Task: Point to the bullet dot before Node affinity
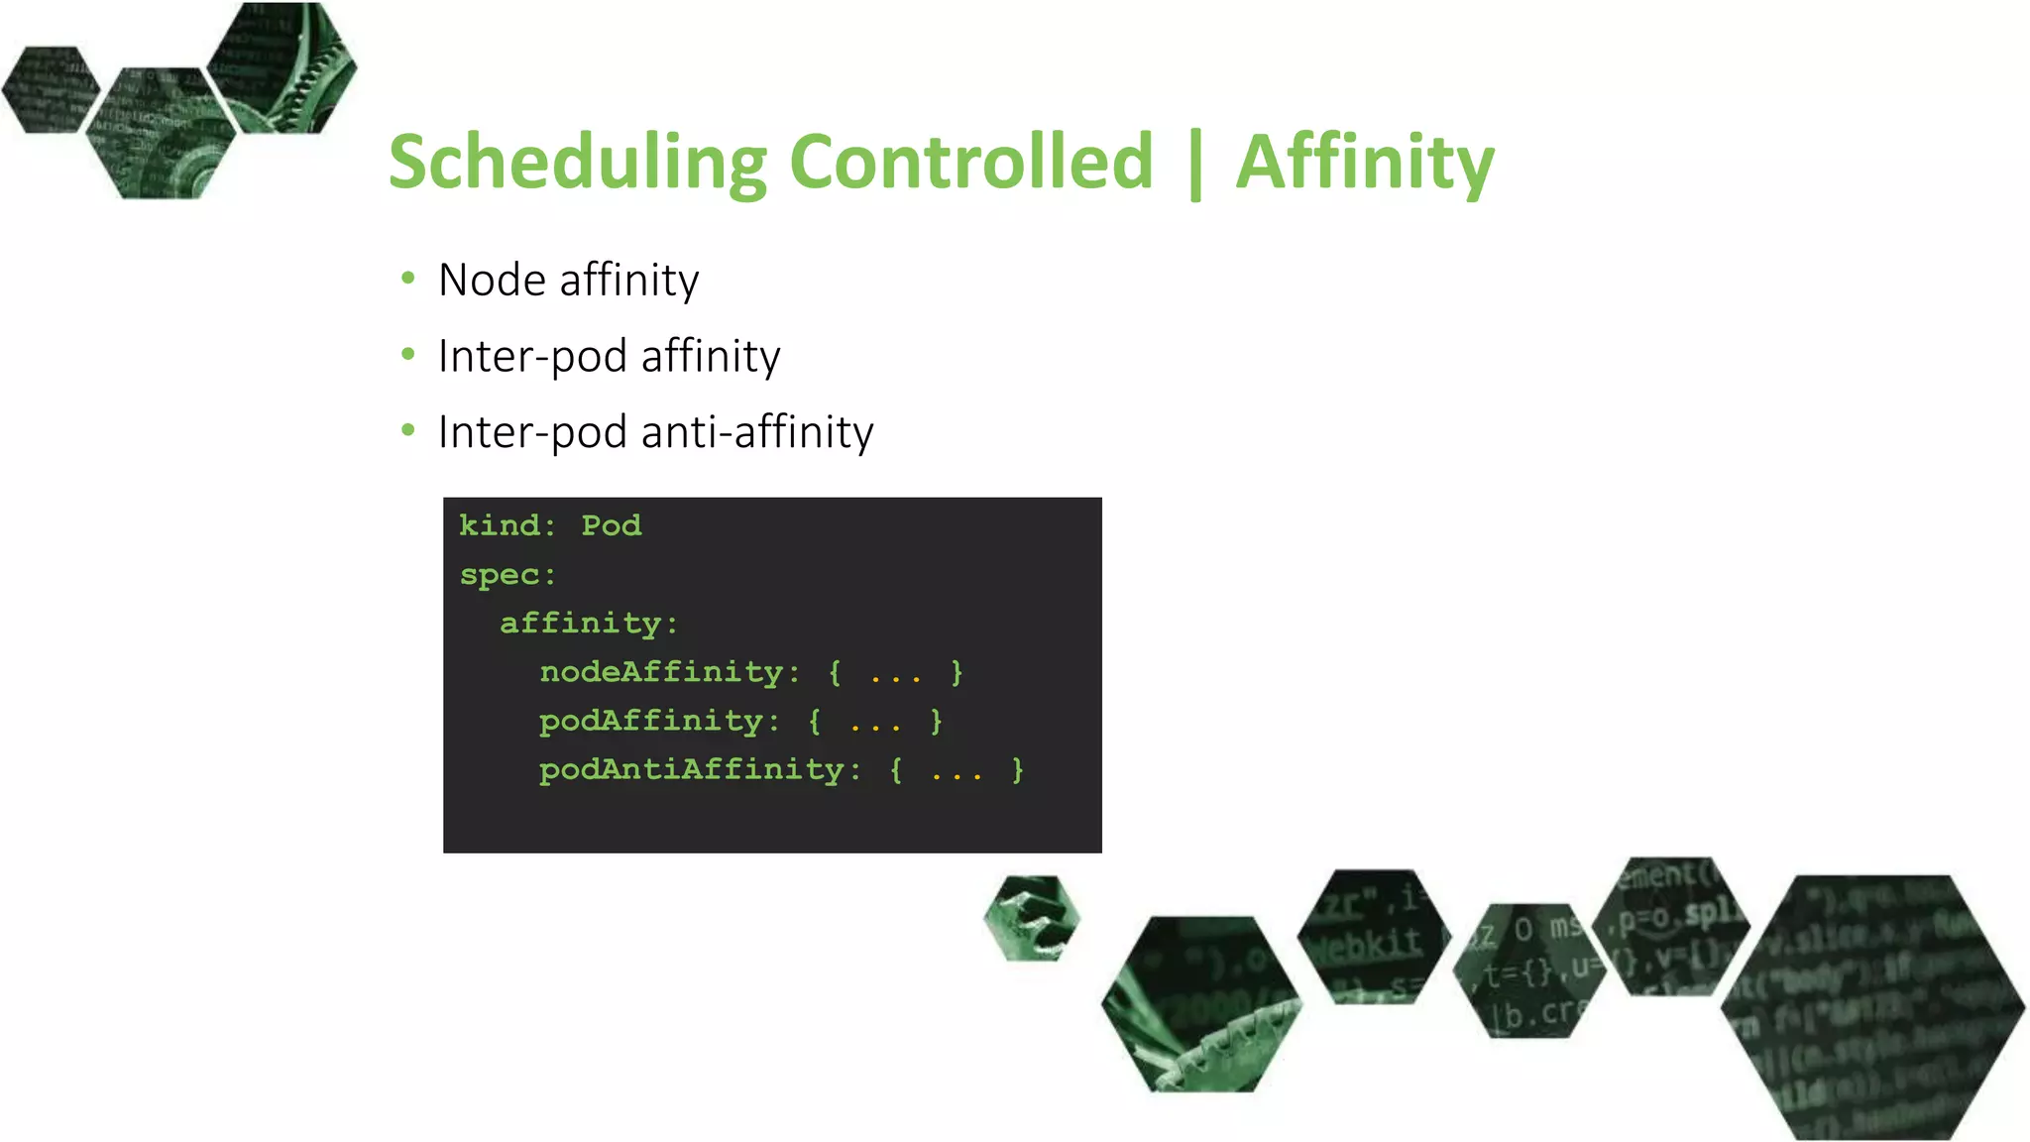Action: (408, 279)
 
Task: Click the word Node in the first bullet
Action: (492, 281)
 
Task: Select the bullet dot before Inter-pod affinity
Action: (408, 354)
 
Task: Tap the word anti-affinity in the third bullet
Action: (757, 432)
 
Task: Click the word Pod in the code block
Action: (611, 525)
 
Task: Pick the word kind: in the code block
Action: (507, 525)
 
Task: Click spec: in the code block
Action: (507, 575)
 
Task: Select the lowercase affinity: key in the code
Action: (589, 624)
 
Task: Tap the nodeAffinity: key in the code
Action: (670, 672)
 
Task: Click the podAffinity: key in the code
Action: (659, 721)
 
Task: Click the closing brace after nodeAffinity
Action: (957, 672)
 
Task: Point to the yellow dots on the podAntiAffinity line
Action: (957, 773)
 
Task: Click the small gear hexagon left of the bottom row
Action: (1032, 918)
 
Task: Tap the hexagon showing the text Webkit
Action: (1373, 937)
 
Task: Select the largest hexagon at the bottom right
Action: (1872, 1006)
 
